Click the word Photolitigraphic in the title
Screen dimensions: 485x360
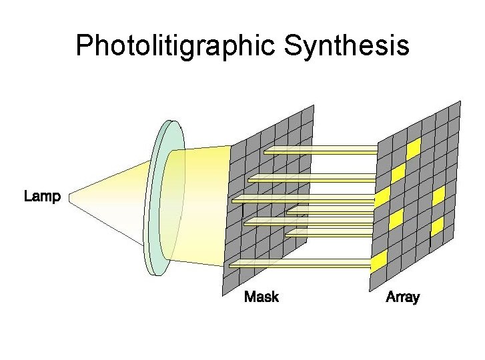pyautogui.click(x=175, y=46)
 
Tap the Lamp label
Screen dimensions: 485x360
pyautogui.click(x=42, y=197)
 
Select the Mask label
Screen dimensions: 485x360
pyautogui.click(x=261, y=297)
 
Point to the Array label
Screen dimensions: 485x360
pyautogui.click(x=402, y=297)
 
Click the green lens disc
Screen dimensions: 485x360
pyautogui.click(x=162, y=199)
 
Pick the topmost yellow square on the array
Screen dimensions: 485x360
pyautogui.click(x=414, y=147)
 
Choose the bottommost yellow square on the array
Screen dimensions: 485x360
pyautogui.click(x=378, y=262)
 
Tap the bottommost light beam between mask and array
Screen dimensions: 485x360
pyautogui.click(x=300, y=265)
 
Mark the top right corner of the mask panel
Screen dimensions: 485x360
pyautogui.click(x=312, y=105)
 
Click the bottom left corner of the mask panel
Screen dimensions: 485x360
pyautogui.click(x=221, y=293)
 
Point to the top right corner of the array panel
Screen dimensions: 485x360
pyautogui.click(x=460, y=101)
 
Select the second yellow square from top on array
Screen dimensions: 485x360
pyautogui.click(x=398, y=173)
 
